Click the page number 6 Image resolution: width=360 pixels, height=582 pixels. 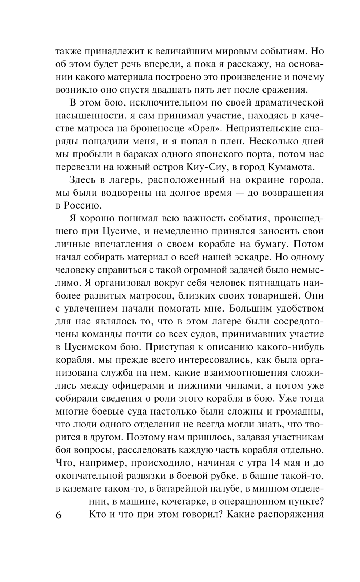(59, 515)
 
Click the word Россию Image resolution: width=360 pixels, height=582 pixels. (82, 206)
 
